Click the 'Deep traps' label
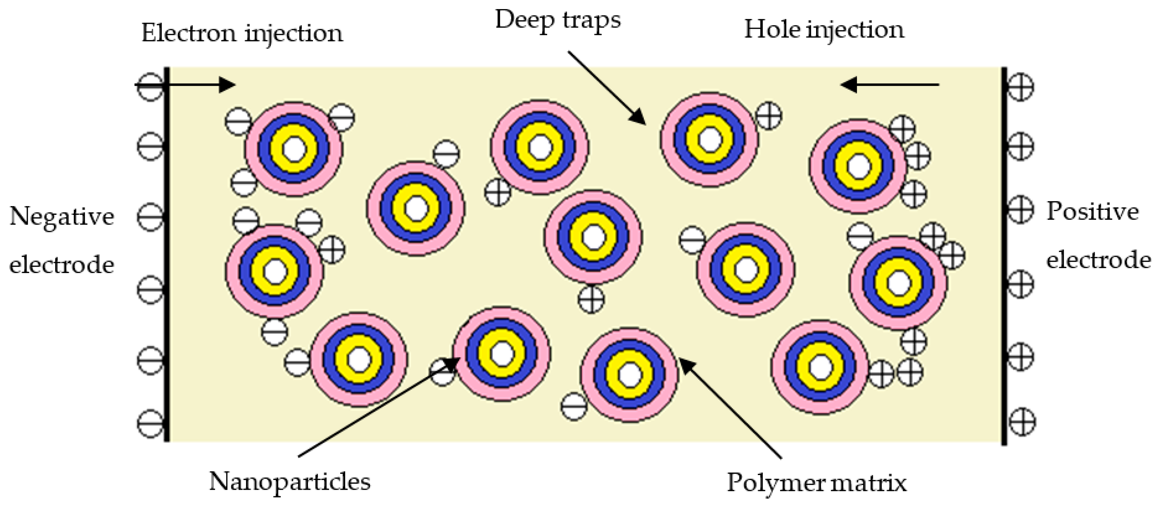[x=557, y=21]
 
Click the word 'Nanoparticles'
[x=290, y=482]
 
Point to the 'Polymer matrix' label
[x=816, y=483]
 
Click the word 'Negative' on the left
[x=62, y=217]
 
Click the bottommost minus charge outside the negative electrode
[x=150, y=423]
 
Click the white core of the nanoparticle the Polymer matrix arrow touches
[x=629, y=374]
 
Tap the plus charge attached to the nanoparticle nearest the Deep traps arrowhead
[x=768, y=116]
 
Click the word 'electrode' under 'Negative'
[x=62, y=265]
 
